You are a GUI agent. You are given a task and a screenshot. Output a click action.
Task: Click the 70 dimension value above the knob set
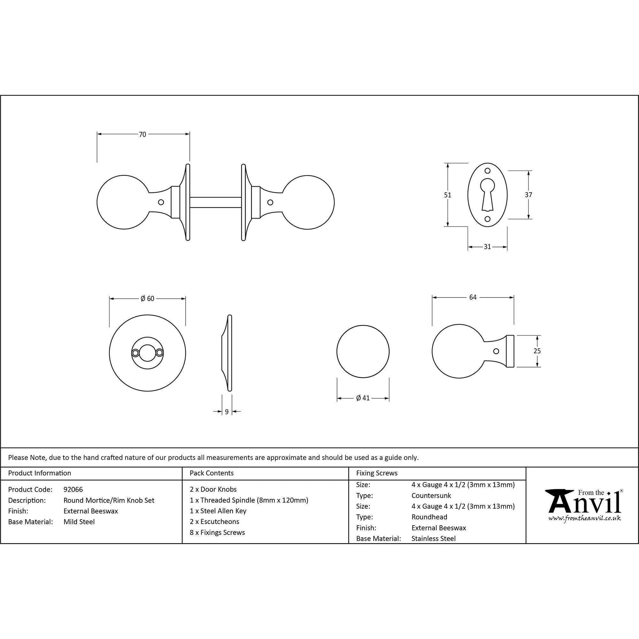click(x=142, y=135)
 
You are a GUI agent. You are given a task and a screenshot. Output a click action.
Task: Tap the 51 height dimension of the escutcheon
click(x=448, y=195)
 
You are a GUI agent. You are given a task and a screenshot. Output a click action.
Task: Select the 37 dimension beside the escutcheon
click(x=528, y=195)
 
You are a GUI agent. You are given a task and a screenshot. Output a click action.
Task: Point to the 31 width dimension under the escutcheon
click(x=487, y=247)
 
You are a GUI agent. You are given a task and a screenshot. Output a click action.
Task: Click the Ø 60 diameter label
click(x=148, y=299)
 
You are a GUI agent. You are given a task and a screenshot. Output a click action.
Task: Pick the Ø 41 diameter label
click(x=363, y=398)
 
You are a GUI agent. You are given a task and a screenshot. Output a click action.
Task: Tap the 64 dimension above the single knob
click(x=473, y=297)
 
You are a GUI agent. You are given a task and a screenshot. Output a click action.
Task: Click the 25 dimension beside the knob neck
click(x=537, y=351)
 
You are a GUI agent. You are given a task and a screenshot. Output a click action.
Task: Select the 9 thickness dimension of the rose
click(x=227, y=412)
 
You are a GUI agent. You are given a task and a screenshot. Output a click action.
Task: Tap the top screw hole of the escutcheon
click(x=488, y=171)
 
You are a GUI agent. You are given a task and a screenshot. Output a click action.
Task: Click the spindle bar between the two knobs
click(x=215, y=203)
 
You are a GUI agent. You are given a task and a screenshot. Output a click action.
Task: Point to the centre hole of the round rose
click(x=147, y=353)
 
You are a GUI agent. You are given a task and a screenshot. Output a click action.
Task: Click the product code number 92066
click(x=73, y=489)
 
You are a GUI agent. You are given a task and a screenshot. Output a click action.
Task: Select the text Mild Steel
click(x=79, y=522)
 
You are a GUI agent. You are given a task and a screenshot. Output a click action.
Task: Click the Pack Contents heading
click(x=212, y=473)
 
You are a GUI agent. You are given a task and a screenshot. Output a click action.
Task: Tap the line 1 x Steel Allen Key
click(x=218, y=511)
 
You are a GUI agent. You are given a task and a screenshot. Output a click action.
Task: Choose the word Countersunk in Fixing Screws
click(x=431, y=496)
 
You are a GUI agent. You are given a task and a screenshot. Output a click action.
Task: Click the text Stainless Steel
click(x=434, y=539)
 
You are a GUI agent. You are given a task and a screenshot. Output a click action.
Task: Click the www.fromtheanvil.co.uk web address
click(x=584, y=518)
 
